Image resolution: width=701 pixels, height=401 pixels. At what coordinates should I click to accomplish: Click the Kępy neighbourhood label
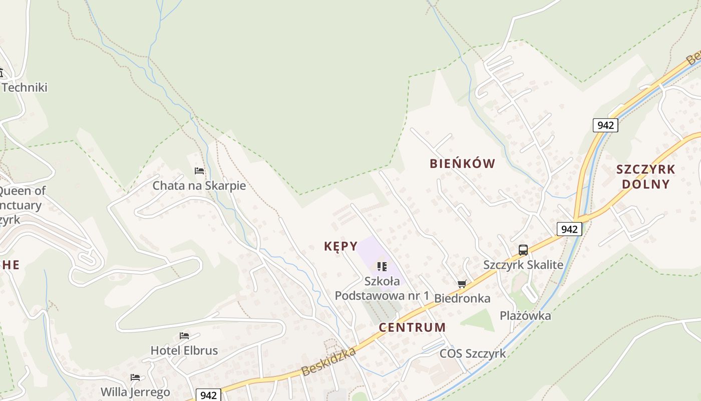pos(340,246)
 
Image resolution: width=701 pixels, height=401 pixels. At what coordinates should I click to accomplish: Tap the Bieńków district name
pos(462,163)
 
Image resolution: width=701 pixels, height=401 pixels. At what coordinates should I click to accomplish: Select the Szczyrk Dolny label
pos(645,176)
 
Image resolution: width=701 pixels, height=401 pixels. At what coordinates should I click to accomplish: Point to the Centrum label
pos(412,327)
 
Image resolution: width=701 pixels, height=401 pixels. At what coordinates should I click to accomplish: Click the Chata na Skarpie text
pos(199,185)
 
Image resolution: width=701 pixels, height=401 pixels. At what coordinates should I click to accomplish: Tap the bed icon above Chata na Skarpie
pos(199,171)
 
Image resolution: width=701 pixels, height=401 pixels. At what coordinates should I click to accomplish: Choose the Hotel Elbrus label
pos(184,350)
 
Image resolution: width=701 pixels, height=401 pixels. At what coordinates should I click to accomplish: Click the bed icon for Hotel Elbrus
pos(184,336)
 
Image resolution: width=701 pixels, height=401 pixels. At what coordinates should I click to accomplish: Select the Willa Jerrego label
pos(135,391)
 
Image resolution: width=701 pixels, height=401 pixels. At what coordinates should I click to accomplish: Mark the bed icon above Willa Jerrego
pos(135,377)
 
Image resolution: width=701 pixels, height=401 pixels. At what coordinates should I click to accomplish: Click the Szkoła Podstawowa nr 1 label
pos(382,288)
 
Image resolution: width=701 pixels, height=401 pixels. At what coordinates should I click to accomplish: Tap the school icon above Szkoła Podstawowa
pos(382,266)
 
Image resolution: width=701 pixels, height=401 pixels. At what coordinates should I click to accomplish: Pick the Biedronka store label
pos(462,298)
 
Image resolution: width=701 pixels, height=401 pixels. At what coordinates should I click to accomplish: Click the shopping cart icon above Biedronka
pos(462,284)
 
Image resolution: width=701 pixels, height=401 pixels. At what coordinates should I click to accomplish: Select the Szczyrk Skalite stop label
pos(523,265)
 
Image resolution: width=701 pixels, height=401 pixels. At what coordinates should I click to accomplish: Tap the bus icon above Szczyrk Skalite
pos(523,250)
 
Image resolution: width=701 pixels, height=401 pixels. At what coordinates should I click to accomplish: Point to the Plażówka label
pos(525,315)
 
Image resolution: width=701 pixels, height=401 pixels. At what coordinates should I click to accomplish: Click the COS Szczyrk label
pos(473,353)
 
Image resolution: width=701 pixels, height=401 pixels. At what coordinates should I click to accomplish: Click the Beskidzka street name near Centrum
pos(328,362)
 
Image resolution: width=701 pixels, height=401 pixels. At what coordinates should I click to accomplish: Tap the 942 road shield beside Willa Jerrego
pos(208,395)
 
